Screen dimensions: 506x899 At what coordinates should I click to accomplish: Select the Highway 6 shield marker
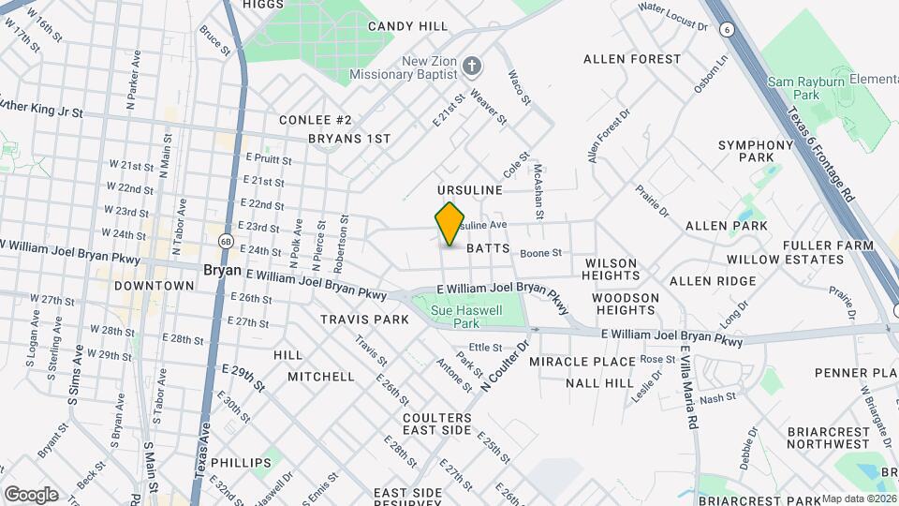[726, 29]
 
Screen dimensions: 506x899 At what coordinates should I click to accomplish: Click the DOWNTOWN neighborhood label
[155, 285]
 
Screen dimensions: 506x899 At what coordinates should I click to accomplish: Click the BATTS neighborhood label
[488, 249]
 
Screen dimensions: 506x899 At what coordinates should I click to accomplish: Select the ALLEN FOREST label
[632, 59]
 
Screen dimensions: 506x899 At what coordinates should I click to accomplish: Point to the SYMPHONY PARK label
[756, 153]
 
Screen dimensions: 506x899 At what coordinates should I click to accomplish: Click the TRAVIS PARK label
[364, 320]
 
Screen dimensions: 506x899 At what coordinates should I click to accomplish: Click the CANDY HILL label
[407, 26]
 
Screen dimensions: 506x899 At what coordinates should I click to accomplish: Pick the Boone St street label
[540, 253]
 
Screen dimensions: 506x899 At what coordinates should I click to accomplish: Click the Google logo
[31, 495]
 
